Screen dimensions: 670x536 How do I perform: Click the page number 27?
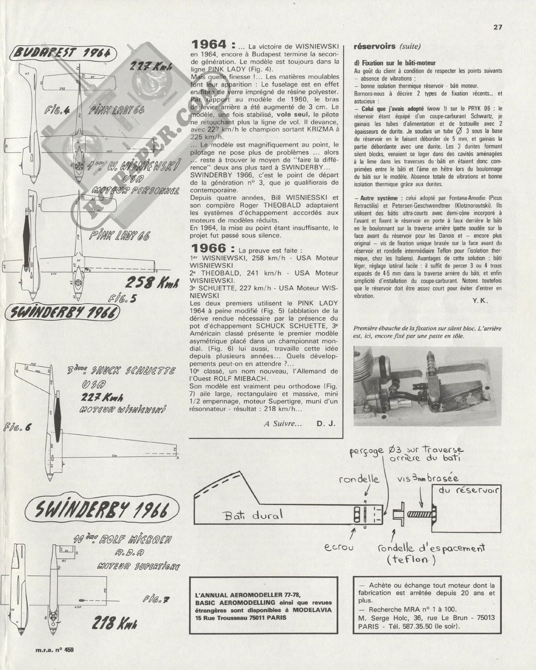point(498,27)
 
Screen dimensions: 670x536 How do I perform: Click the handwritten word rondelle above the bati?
point(359,480)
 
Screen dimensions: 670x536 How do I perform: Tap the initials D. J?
point(326,423)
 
